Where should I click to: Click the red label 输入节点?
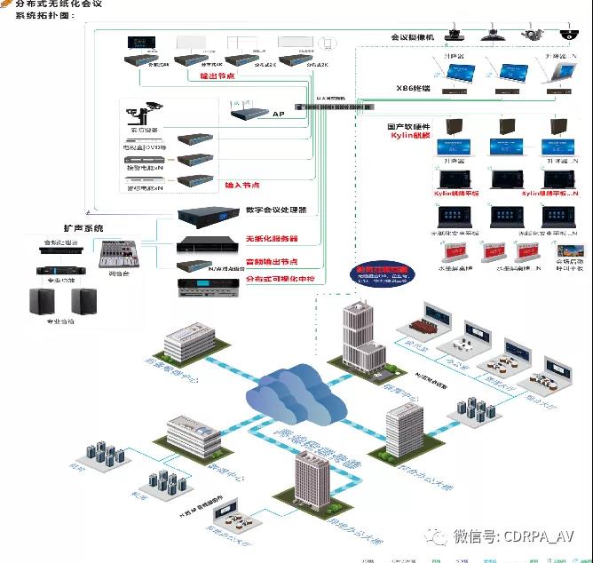click(241, 186)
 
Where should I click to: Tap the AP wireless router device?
click(249, 113)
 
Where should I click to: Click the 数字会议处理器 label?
click(275, 210)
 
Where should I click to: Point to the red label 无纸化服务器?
click(270, 239)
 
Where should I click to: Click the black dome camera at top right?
click(566, 34)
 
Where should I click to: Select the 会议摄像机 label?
click(413, 37)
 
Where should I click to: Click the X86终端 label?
click(413, 88)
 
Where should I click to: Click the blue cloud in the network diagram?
click(293, 391)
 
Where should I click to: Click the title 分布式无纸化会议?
click(65, 4)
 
